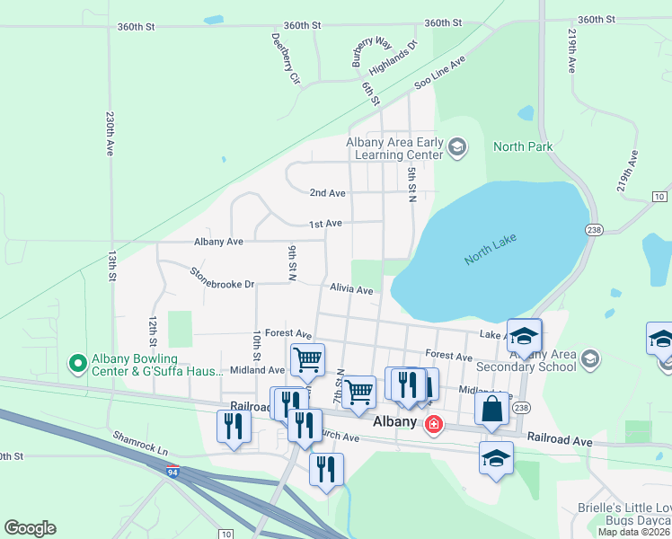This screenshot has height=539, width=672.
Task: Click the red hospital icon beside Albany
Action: click(x=434, y=423)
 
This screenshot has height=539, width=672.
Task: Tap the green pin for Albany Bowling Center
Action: click(x=78, y=364)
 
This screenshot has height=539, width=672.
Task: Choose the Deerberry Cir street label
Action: click(x=285, y=58)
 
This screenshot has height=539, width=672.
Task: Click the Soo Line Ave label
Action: click(x=440, y=73)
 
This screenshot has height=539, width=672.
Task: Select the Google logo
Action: click(x=30, y=528)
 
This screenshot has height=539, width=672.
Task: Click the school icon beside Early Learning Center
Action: click(x=457, y=147)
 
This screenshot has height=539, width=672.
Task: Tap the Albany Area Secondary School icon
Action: click(x=589, y=359)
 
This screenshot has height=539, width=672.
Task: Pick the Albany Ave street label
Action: click(x=219, y=242)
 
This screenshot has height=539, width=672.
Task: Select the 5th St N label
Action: click(x=412, y=182)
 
